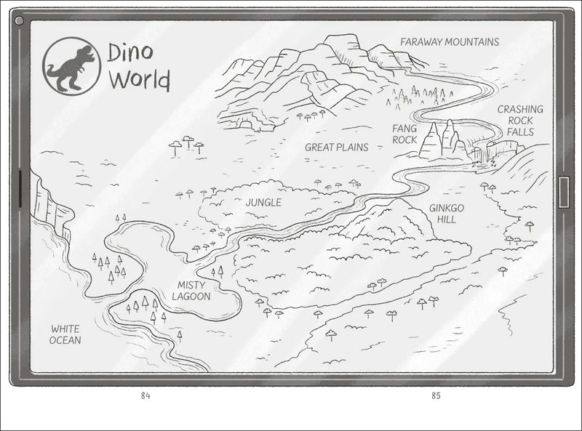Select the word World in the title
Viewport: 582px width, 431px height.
138,78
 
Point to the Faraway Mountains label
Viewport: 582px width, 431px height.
449,41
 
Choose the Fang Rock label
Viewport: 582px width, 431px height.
404,134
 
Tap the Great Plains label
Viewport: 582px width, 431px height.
336,147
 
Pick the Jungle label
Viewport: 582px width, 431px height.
263,202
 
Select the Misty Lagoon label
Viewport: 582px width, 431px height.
191,291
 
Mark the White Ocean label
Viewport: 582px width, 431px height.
65,334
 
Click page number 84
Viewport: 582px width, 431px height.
145,396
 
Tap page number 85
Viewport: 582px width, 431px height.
436,396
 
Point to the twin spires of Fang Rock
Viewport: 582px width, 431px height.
442,138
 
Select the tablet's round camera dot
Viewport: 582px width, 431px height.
20,21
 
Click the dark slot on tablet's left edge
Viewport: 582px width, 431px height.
17,193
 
